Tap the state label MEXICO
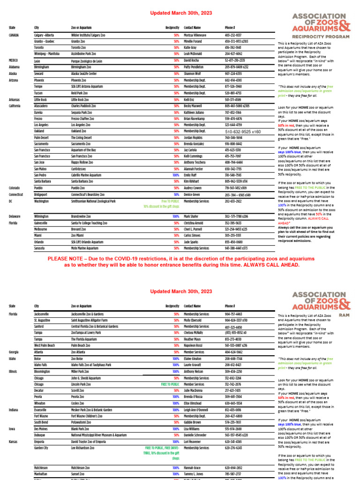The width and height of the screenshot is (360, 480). [13, 61]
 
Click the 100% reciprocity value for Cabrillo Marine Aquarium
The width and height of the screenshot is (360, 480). [176, 175]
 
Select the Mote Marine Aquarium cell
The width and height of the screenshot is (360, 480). [86, 248]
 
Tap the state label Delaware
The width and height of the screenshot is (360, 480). [15, 217]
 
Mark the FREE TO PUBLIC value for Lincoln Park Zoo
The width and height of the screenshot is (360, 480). [170, 384]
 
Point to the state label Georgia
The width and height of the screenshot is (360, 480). [14, 352]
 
